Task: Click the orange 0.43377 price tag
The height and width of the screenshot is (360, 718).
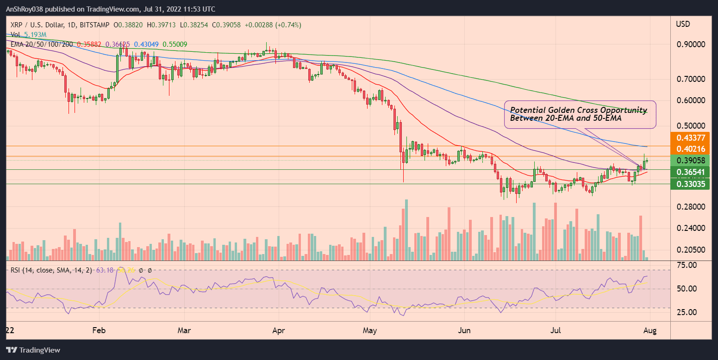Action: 690,138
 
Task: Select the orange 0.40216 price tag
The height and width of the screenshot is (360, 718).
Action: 690,149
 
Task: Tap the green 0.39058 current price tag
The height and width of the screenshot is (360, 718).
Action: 690,161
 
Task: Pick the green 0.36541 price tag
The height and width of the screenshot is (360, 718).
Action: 690,172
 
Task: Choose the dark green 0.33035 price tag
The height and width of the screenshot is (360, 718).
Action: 690,184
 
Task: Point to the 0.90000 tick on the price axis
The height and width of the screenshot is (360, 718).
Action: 691,44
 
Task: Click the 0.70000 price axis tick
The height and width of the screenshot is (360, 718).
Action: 691,79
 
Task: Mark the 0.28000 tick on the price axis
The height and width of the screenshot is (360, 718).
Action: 691,207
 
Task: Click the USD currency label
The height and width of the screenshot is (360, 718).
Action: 684,24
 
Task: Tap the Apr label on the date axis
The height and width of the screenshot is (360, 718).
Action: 279,331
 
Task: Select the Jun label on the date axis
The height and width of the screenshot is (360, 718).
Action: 464,331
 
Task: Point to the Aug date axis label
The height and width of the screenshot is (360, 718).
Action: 650,331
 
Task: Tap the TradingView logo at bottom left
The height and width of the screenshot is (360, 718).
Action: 33,350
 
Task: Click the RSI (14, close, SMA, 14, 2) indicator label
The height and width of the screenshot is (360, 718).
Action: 51,270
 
